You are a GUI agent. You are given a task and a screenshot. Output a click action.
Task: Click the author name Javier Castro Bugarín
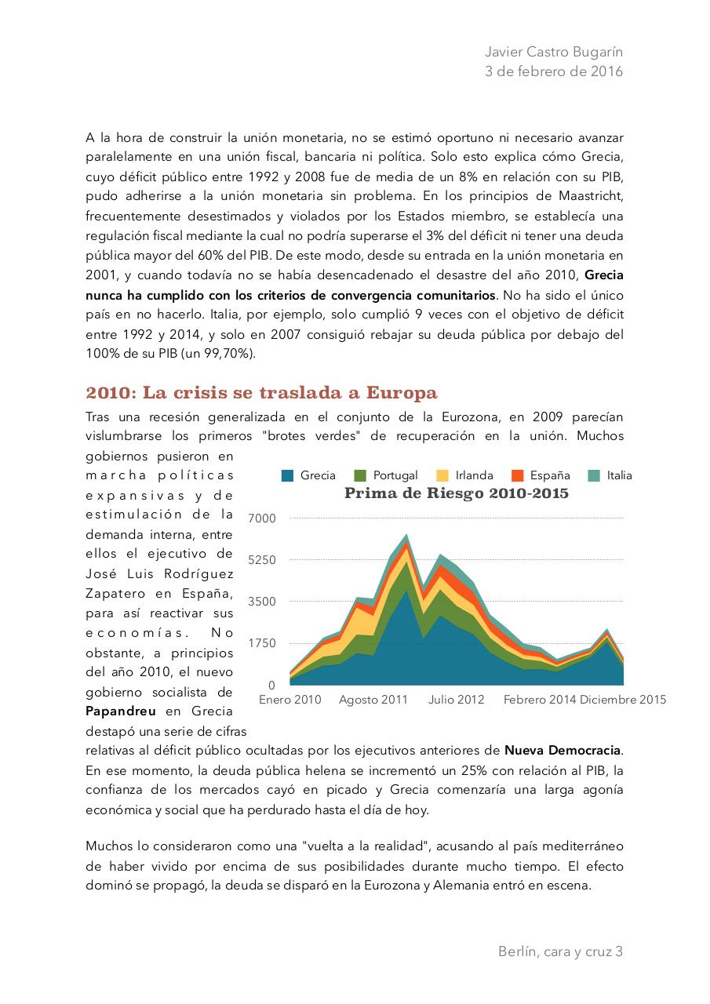coord(555,52)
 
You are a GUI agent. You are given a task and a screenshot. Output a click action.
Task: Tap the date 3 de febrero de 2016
coord(555,71)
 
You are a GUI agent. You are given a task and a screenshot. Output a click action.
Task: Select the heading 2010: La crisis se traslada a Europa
coord(261,392)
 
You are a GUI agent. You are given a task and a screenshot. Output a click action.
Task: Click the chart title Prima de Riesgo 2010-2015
coord(456,493)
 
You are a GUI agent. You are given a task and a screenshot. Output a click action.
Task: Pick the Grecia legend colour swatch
coord(288,475)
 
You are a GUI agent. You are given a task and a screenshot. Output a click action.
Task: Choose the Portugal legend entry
coord(395,475)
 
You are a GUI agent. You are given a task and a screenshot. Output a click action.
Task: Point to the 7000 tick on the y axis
coord(261,518)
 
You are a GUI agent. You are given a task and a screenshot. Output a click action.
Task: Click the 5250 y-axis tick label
coord(261,560)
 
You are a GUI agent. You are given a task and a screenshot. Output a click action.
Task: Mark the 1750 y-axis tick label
coord(261,643)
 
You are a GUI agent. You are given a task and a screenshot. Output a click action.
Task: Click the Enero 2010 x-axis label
coord(289,700)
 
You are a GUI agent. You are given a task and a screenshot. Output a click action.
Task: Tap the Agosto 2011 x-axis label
coord(373,700)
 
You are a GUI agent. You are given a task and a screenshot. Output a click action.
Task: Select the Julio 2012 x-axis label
coord(456,700)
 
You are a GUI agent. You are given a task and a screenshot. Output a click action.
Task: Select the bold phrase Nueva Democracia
coord(563,751)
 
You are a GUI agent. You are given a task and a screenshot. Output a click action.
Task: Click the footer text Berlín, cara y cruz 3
coord(560,951)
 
